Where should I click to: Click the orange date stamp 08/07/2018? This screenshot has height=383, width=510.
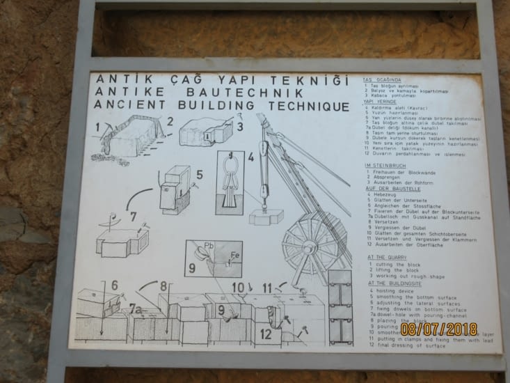coord(438,329)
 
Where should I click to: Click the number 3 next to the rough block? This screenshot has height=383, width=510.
coord(239,127)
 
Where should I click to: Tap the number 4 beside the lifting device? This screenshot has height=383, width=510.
coord(250,157)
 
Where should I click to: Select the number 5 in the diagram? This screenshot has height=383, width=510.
coord(199,175)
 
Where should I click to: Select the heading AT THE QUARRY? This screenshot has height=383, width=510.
coord(388,257)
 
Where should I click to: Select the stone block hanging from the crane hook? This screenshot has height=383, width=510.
coord(266,217)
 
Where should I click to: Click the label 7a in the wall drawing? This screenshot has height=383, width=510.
coord(136,307)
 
